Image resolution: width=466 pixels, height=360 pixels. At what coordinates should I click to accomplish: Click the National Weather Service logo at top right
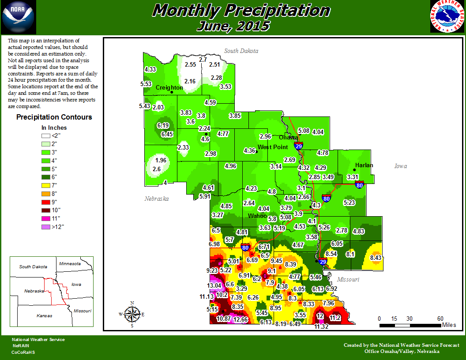coord(447,17)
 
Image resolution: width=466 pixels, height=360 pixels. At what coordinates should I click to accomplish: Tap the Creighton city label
coord(169,88)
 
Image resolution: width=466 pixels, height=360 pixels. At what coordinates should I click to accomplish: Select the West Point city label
coord(273,147)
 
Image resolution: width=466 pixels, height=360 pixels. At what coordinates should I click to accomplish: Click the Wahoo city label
coord(257,216)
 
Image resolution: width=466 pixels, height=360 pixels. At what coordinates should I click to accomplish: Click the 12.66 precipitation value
coord(241,319)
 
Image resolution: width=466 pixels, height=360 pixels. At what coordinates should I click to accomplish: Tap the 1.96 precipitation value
coord(161,160)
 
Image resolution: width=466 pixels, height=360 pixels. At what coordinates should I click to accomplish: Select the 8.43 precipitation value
coord(376,258)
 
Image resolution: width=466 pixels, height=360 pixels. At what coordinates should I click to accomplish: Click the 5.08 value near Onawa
coord(304,131)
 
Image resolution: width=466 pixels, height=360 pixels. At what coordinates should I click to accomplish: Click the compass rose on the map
coord(132,314)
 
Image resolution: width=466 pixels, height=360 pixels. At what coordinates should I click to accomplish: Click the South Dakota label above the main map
coord(241,51)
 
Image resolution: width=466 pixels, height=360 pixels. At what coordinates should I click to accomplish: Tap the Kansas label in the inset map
coord(45,315)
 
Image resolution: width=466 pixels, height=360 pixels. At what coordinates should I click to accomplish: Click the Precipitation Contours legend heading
coord(54,117)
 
